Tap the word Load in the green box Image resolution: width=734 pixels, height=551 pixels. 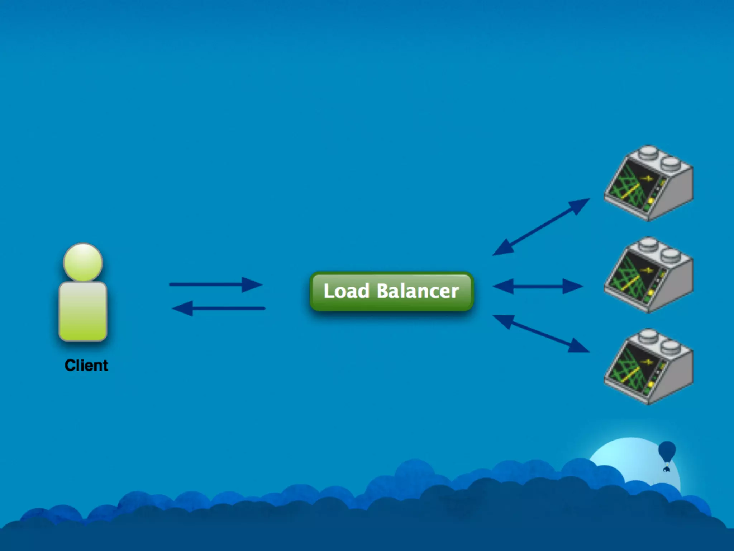346,291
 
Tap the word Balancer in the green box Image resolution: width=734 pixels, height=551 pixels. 418,291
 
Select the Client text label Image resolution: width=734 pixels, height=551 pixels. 86,366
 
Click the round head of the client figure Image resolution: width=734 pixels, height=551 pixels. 83,262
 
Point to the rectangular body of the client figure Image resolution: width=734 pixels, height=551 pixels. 83,311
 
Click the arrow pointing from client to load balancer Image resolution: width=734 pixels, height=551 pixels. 215,285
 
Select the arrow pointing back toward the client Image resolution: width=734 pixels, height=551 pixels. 219,309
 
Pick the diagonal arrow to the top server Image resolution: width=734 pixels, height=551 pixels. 541,227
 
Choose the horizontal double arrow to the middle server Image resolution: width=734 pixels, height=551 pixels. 538,287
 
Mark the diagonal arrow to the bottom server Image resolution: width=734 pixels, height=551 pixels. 541,334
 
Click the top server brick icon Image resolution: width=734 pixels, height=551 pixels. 648,183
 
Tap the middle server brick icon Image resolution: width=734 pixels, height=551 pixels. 648,275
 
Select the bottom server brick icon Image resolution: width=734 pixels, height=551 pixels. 648,367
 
